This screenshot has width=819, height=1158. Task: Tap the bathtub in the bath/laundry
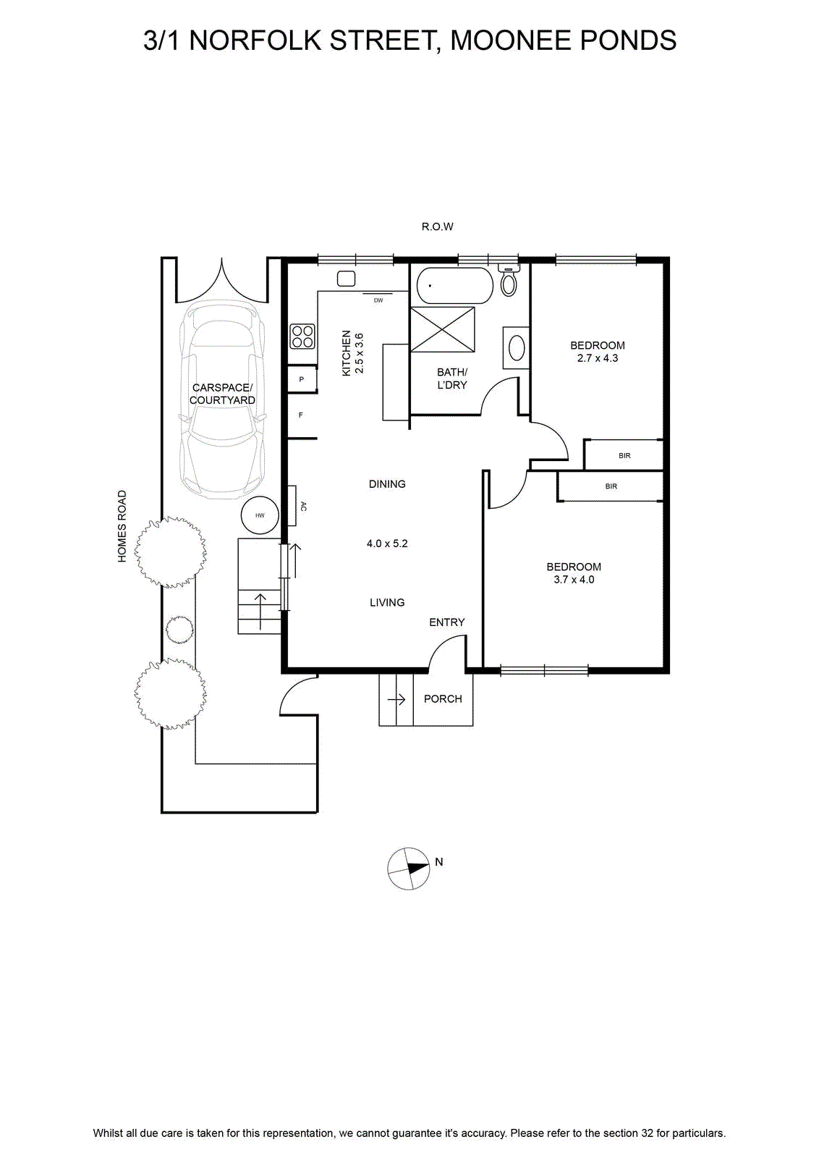click(x=454, y=285)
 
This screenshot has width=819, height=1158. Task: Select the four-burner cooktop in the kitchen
click(x=302, y=336)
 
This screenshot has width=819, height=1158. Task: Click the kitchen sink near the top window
click(x=347, y=279)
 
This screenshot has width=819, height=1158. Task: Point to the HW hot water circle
click(x=260, y=515)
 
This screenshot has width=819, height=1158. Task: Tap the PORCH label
click(x=443, y=699)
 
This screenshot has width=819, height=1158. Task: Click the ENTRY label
click(x=447, y=622)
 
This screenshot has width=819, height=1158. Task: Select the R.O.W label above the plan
click(x=437, y=227)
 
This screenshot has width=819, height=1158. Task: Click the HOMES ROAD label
click(x=122, y=526)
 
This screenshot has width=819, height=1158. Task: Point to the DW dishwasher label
click(x=378, y=300)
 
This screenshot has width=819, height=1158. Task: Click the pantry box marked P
click(x=302, y=379)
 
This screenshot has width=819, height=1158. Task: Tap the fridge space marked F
click(x=302, y=415)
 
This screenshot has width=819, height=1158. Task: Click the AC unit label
click(x=303, y=507)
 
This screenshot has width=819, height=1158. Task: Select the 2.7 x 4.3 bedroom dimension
click(x=598, y=358)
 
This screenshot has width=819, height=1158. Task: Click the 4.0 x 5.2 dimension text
click(x=387, y=544)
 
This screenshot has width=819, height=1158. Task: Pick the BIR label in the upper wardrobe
click(x=624, y=456)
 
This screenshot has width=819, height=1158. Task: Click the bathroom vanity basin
click(x=517, y=347)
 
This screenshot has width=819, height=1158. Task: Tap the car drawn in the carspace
click(x=222, y=399)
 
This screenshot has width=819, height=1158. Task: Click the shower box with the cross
click(x=442, y=330)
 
